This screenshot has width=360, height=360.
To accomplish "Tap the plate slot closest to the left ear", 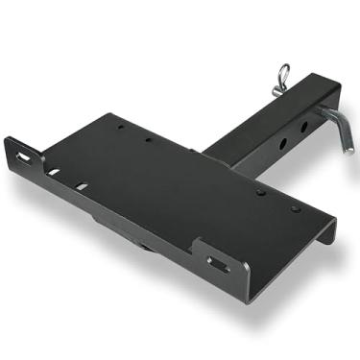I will point(56,173).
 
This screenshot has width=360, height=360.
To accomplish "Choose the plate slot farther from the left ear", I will point(84,185).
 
